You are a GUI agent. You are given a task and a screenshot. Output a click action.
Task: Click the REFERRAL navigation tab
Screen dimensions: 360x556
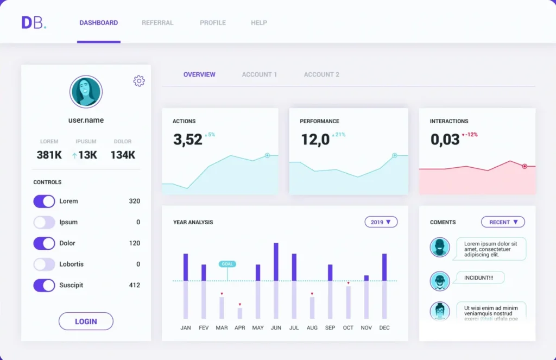157,23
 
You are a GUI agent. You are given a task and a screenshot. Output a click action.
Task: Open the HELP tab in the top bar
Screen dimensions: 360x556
259,23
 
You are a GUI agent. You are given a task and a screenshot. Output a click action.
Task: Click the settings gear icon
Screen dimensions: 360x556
139,81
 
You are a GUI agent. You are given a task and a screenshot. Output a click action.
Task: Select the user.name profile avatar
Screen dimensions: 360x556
86,92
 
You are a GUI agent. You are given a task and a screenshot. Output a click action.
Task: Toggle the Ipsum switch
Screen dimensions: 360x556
44,222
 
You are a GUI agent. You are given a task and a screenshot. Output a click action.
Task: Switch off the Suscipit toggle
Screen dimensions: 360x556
44,285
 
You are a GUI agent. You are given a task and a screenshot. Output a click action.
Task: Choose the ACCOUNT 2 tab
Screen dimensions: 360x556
321,74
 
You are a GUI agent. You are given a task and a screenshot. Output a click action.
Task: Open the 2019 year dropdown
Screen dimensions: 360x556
381,222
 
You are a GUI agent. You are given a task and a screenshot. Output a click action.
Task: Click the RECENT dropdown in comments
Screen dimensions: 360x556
503,222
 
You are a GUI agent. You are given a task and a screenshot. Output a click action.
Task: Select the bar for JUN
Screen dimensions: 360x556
276,280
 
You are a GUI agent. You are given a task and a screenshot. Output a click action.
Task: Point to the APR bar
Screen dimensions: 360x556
240,313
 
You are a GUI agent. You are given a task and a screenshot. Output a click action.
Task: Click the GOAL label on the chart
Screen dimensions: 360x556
227,264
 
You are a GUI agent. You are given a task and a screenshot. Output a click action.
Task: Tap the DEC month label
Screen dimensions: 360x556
384,328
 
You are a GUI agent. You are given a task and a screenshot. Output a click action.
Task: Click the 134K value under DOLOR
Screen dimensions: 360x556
123,155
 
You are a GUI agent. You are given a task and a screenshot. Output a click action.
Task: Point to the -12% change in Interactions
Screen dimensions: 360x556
470,135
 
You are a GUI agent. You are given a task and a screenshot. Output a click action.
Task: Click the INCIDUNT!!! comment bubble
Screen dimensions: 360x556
478,278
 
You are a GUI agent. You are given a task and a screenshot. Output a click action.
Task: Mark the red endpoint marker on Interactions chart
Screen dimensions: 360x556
525,166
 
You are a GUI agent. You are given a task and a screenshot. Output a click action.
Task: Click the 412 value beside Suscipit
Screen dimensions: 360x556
134,285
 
